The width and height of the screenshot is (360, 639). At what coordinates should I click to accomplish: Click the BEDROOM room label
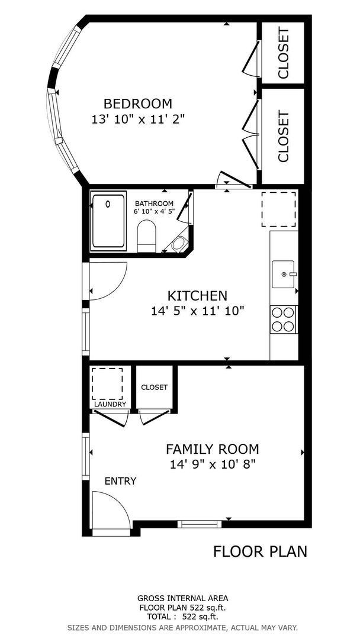coord(138,104)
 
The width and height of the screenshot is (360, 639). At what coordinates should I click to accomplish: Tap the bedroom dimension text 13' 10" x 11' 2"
coord(138,119)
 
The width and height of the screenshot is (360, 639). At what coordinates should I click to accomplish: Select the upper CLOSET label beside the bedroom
coord(283,53)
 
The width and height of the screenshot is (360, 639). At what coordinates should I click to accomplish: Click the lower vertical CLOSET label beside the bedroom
coord(283,136)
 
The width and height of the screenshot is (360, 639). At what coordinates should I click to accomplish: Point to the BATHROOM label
coord(154,204)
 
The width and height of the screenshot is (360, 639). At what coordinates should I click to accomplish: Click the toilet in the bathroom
coord(146,235)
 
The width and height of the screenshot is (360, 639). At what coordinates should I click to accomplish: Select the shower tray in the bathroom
coord(108,220)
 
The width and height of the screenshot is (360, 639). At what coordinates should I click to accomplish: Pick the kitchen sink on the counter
coord(284,274)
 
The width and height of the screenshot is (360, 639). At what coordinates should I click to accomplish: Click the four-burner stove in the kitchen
coord(283,319)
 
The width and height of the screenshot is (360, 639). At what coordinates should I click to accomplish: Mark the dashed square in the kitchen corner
coord(279,209)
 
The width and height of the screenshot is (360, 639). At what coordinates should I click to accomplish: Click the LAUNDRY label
coord(110,405)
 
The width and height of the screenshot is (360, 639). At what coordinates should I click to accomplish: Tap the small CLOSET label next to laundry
coord(154,387)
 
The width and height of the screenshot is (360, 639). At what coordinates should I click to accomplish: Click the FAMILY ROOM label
coord(212,449)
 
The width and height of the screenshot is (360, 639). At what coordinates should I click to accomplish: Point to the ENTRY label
coord(120,481)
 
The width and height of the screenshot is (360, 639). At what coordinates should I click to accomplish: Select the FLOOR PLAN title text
coord(260,551)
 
